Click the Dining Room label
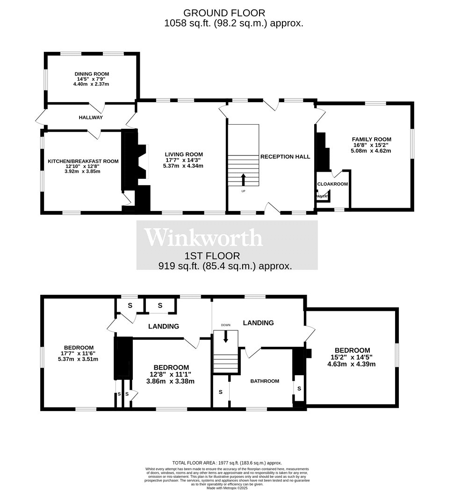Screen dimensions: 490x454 pyautogui.click(x=92, y=74)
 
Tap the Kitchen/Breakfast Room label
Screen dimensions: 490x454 pyautogui.click(x=83, y=161)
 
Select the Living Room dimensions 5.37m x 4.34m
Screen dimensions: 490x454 pyautogui.click(x=183, y=166)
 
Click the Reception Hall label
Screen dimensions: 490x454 pyautogui.click(x=285, y=157)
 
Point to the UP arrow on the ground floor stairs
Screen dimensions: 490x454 pyautogui.click(x=243, y=179)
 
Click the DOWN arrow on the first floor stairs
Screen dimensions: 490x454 pyautogui.click(x=226, y=336)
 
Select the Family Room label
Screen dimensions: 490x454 pyautogui.click(x=371, y=139)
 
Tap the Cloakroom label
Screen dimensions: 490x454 pyautogui.click(x=332, y=184)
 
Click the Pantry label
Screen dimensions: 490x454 pyautogui.click(x=323, y=196)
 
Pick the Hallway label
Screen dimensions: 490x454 pyautogui.click(x=91, y=117)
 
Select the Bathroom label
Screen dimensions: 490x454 pyautogui.click(x=265, y=381)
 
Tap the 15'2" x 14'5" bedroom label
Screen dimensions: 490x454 pyautogui.click(x=352, y=350)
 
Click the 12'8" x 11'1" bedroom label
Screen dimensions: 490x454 pyautogui.click(x=171, y=367)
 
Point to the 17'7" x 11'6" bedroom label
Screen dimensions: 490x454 pyautogui.click(x=79, y=348)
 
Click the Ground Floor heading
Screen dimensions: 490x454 pyautogui.click(x=224, y=13)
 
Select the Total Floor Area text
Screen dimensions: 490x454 pyautogui.click(x=227, y=462)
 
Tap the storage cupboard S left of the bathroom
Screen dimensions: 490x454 pyautogui.click(x=221, y=392)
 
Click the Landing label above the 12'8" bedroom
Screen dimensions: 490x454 pyautogui.click(x=164, y=326)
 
